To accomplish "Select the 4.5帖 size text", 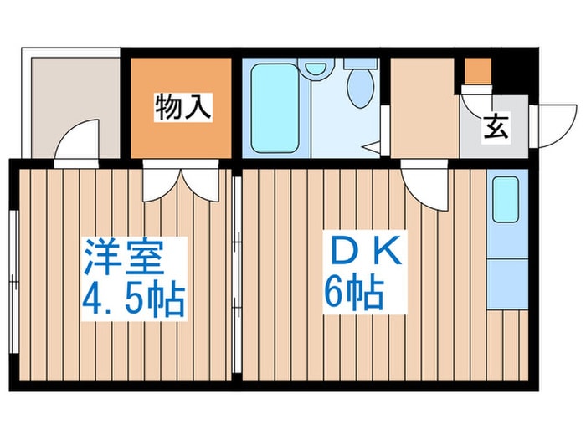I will (x=132, y=298).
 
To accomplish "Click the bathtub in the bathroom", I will (x=275, y=107).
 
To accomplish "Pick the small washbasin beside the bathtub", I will (x=316, y=69).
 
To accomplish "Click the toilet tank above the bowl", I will (x=361, y=64).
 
